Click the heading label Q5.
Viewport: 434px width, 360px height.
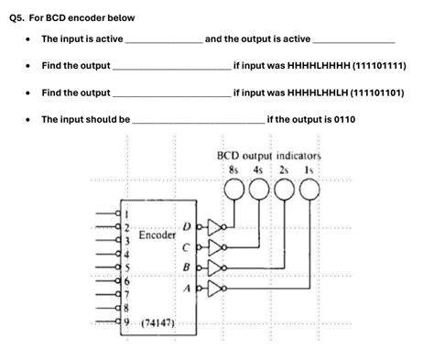point(18,13)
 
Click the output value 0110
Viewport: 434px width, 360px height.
point(345,119)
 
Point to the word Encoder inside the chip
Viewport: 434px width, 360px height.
point(157,235)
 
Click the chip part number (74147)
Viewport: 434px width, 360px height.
point(155,324)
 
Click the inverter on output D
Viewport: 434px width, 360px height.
point(215,225)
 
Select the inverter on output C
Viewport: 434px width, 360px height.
point(215,246)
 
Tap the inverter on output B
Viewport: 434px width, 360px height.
point(215,267)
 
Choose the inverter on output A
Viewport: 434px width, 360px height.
point(215,289)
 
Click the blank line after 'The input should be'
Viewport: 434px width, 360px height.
point(198,120)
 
